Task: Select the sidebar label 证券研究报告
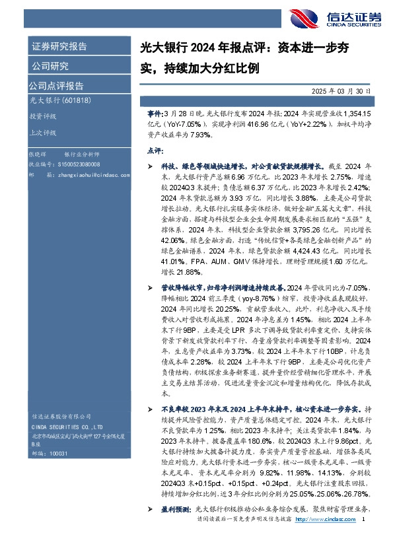coord(59,46)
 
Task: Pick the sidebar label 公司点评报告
coord(55,85)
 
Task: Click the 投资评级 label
coord(43,116)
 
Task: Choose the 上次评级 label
coord(43,131)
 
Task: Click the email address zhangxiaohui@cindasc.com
coord(92,174)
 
